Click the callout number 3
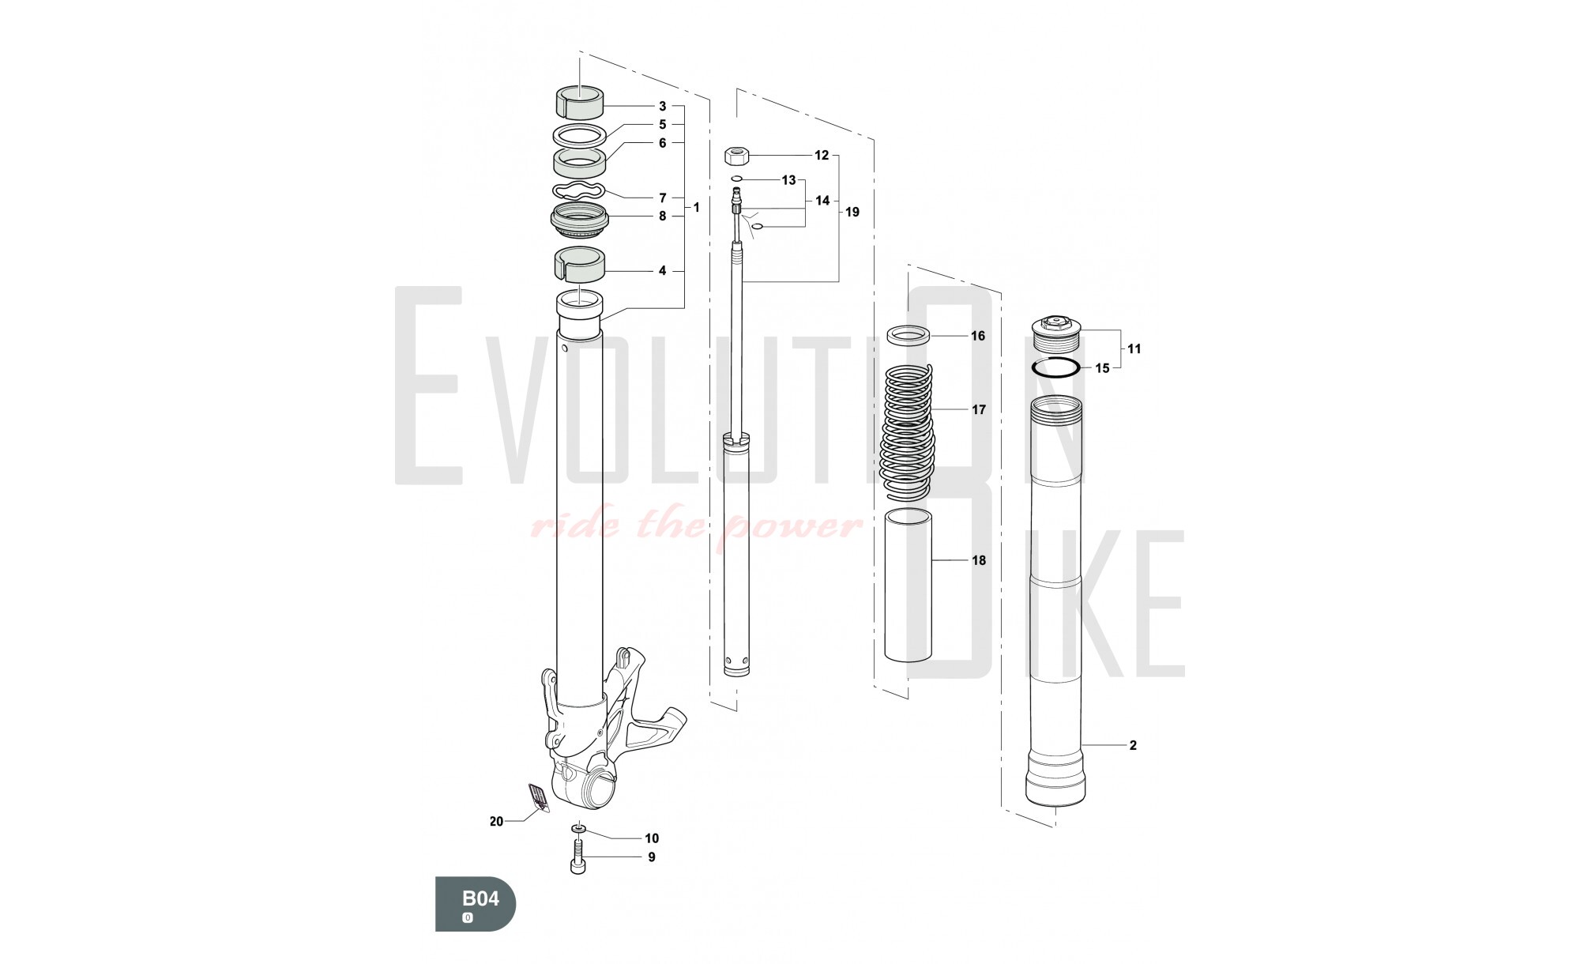662,106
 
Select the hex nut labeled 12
736,155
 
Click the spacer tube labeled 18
908,586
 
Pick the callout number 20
496,822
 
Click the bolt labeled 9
578,857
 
